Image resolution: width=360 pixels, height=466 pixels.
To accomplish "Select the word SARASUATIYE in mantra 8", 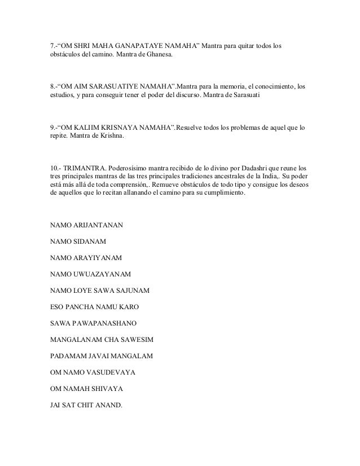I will [x=108, y=87].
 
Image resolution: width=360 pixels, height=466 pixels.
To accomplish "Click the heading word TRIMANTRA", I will [x=86, y=169].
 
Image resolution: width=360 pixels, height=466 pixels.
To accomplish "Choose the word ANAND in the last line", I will [x=107, y=405].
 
